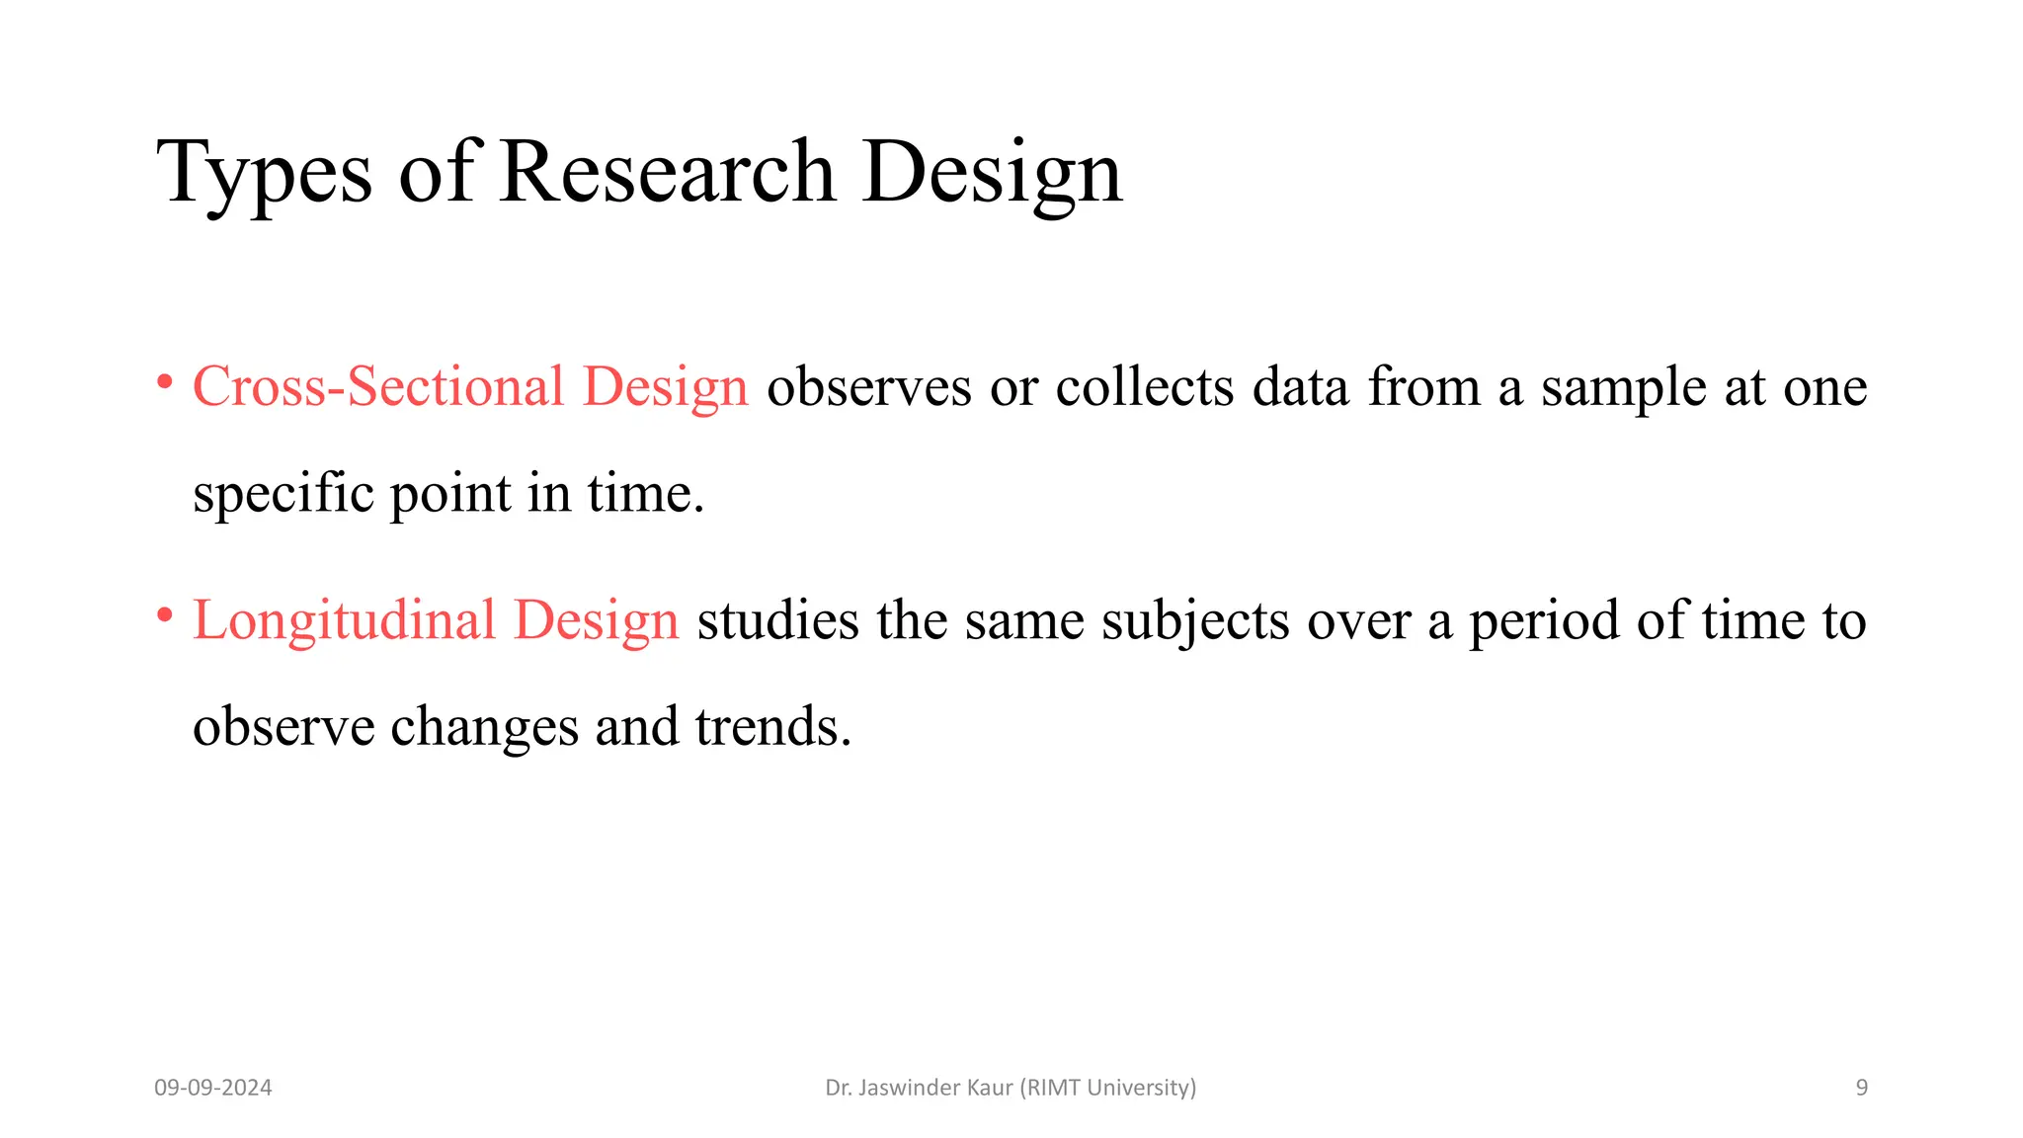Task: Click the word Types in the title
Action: pyautogui.click(x=264, y=173)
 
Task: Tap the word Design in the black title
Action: pyautogui.click(x=992, y=173)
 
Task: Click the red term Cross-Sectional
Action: pyautogui.click(x=378, y=386)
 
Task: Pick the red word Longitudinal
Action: pyautogui.click(x=344, y=620)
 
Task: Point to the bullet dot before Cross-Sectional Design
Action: pyautogui.click(x=166, y=381)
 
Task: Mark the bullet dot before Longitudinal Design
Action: pyautogui.click(x=166, y=615)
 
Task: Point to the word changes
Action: pyautogui.click(x=483, y=728)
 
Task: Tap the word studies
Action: pyautogui.click(x=778, y=620)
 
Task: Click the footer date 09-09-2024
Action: pyautogui.click(x=213, y=1088)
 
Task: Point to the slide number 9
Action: pyautogui.click(x=1862, y=1088)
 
